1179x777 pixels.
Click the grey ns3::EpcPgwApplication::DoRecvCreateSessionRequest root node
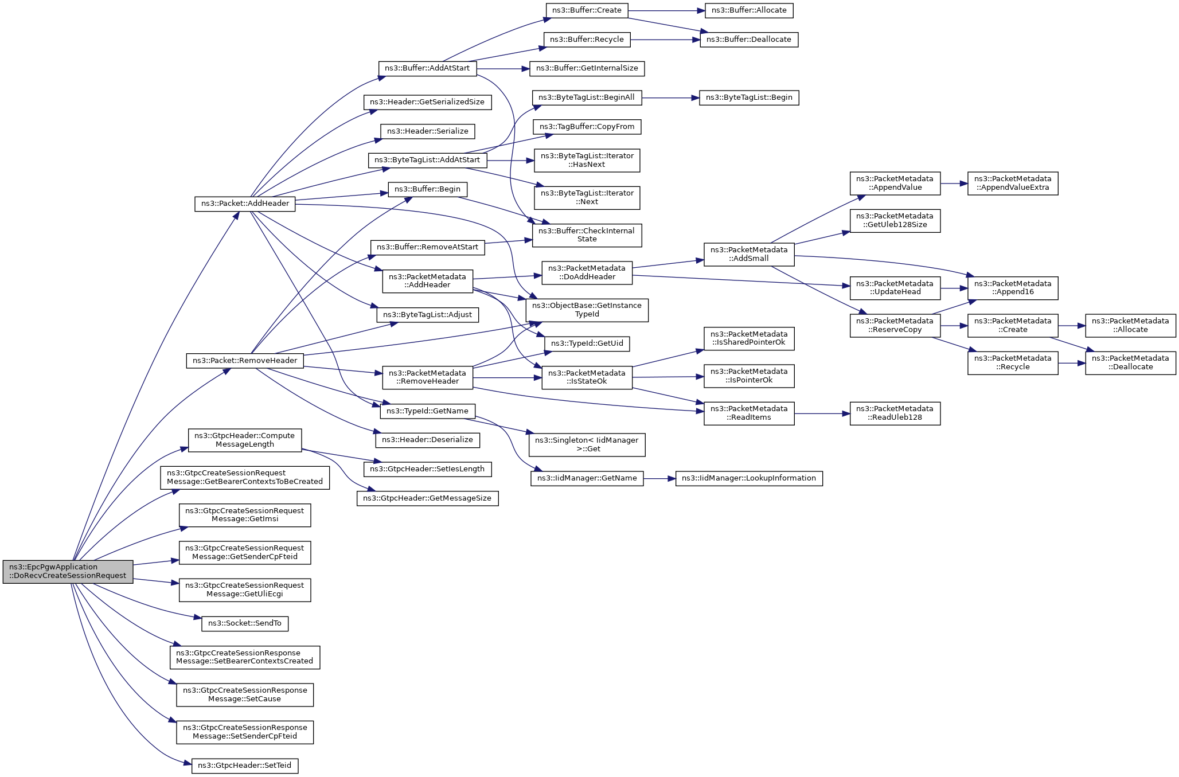pyautogui.click(x=68, y=572)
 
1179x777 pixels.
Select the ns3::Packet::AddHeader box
pyautogui.click(x=245, y=204)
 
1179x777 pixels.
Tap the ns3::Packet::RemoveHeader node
pyautogui.click(x=245, y=361)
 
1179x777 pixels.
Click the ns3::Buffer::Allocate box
pyautogui.click(x=749, y=10)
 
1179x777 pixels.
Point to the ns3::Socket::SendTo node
pyautogui.click(x=245, y=623)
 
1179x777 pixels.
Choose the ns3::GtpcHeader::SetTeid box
pyautogui.click(x=245, y=766)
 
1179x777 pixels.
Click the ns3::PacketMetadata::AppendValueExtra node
pyautogui.click(x=1013, y=183)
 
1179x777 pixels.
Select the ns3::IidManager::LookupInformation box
pyautogui.click(x=749, y=478)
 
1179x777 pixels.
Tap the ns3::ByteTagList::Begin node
pyautogui.click(x=749, y=97)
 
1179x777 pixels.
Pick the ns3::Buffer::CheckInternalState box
pyautogui.click(x=587, y=235)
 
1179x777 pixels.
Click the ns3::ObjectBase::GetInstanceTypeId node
pyautogui.click(x=587, y=310)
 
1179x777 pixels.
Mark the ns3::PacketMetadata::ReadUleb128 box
pyautogui.click(x=895, y=413)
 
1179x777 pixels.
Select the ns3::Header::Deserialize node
pyautogui.click(x=427, y=440)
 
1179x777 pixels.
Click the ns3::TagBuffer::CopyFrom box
pyautogui.click(x=587, y=127)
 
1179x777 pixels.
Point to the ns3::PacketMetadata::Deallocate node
pyautogui.click(x=1130, y=363)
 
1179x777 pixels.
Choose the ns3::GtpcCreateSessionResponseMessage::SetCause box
pyautogui.click(x=245, y=695)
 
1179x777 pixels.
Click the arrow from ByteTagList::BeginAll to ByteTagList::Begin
pyautogui.click(x=670, y=97)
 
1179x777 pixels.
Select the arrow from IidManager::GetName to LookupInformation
pyautogui.click(x=659, y=478)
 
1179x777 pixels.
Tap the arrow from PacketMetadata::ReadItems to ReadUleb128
pyautogui.click(x=822, y=413)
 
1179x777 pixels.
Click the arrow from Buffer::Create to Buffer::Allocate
pyautogui.click(x=667, y=10)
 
